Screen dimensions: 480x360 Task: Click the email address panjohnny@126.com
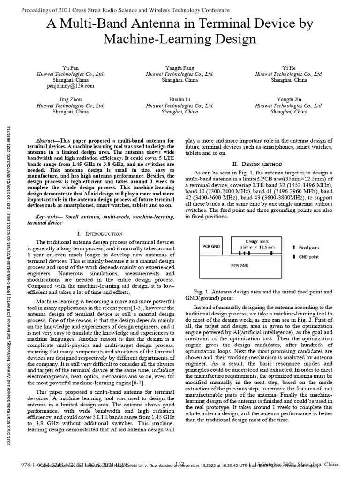coord(71,86)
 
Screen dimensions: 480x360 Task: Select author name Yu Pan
coord(71,68)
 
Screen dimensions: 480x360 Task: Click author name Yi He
coord(289,68)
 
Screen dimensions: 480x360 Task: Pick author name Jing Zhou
coord(70,100)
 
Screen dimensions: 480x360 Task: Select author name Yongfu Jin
coord(289,100)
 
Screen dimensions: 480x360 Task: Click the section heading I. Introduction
coord(99,233)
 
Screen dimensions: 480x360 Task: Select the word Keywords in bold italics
coord(48,217)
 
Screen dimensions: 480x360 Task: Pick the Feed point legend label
coord(309,247)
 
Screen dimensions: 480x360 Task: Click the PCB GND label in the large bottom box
coord(240,265)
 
